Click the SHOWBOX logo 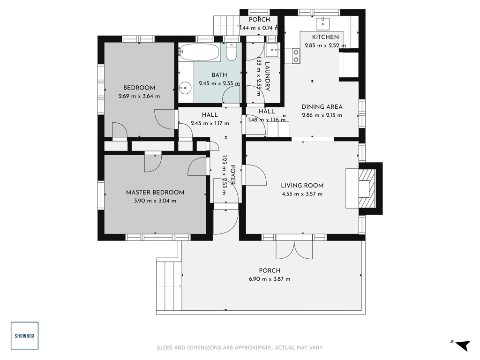coord(24,336)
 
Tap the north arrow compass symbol coord(463,345)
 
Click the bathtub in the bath coord(199,52)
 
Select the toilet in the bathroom coord(231,52)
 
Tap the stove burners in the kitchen coord(296,56)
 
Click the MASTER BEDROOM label coord(155,193)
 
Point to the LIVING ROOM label coord(302,186)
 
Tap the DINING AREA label coord(322,107)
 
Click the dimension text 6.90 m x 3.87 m coord(270,279)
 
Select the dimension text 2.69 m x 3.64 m coord(139,96)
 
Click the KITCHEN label coord(325,37)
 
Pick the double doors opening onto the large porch coord(294,248)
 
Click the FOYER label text coord(232,175)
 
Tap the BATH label coord(219,75)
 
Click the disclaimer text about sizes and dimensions coord(240,347)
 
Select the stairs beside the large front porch coord(169,286)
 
